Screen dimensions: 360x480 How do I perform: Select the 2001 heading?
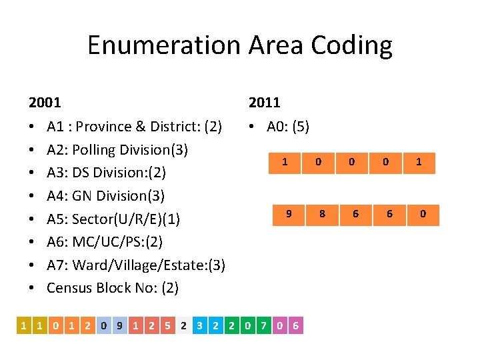(x=45, y=103)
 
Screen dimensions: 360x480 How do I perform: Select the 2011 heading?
(x=265, y=103)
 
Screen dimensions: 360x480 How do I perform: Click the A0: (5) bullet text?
(x=287, y=127)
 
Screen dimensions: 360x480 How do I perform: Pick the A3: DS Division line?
(x=106, y=173)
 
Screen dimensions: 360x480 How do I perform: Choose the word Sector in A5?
(x=94, y=219)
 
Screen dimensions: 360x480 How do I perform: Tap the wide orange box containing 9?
(x=288, y=215)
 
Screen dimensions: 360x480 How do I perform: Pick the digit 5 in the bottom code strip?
(x=167, y=326)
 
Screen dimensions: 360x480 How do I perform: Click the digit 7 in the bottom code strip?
(x=263, y=326)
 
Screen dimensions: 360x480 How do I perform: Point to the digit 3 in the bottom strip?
(x=199, y=326)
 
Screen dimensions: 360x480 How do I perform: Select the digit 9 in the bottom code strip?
(x=119, y=326)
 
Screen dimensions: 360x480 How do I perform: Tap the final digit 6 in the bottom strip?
(x=295, y=326)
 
